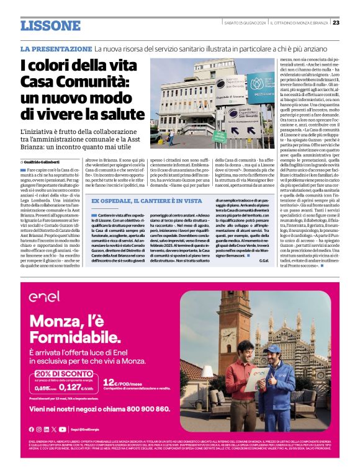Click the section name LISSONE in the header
pyautogui.click(x=50, y=25)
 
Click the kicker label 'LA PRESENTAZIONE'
pyautogui.click(x=55, y=48)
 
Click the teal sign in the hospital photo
pyautogui.click(x=261, y=87)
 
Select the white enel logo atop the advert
pyautogui.click(x=44, y=296)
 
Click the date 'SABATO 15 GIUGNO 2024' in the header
pyautogui.click(x=245, y=24)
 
